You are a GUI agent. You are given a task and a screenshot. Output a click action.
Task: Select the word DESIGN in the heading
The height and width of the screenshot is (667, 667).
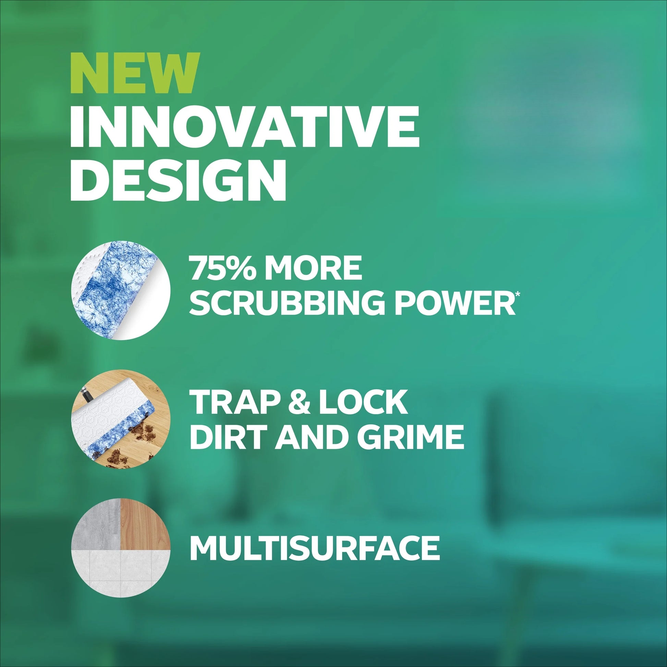[x=179, y=181]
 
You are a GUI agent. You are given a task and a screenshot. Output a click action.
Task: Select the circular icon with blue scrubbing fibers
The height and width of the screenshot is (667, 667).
[x=121, y=290]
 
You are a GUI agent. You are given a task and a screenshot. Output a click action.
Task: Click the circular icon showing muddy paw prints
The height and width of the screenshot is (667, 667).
[x=121, y=419]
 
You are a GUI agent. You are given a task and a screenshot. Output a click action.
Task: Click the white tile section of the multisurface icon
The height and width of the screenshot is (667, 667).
[x=121, y=571]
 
